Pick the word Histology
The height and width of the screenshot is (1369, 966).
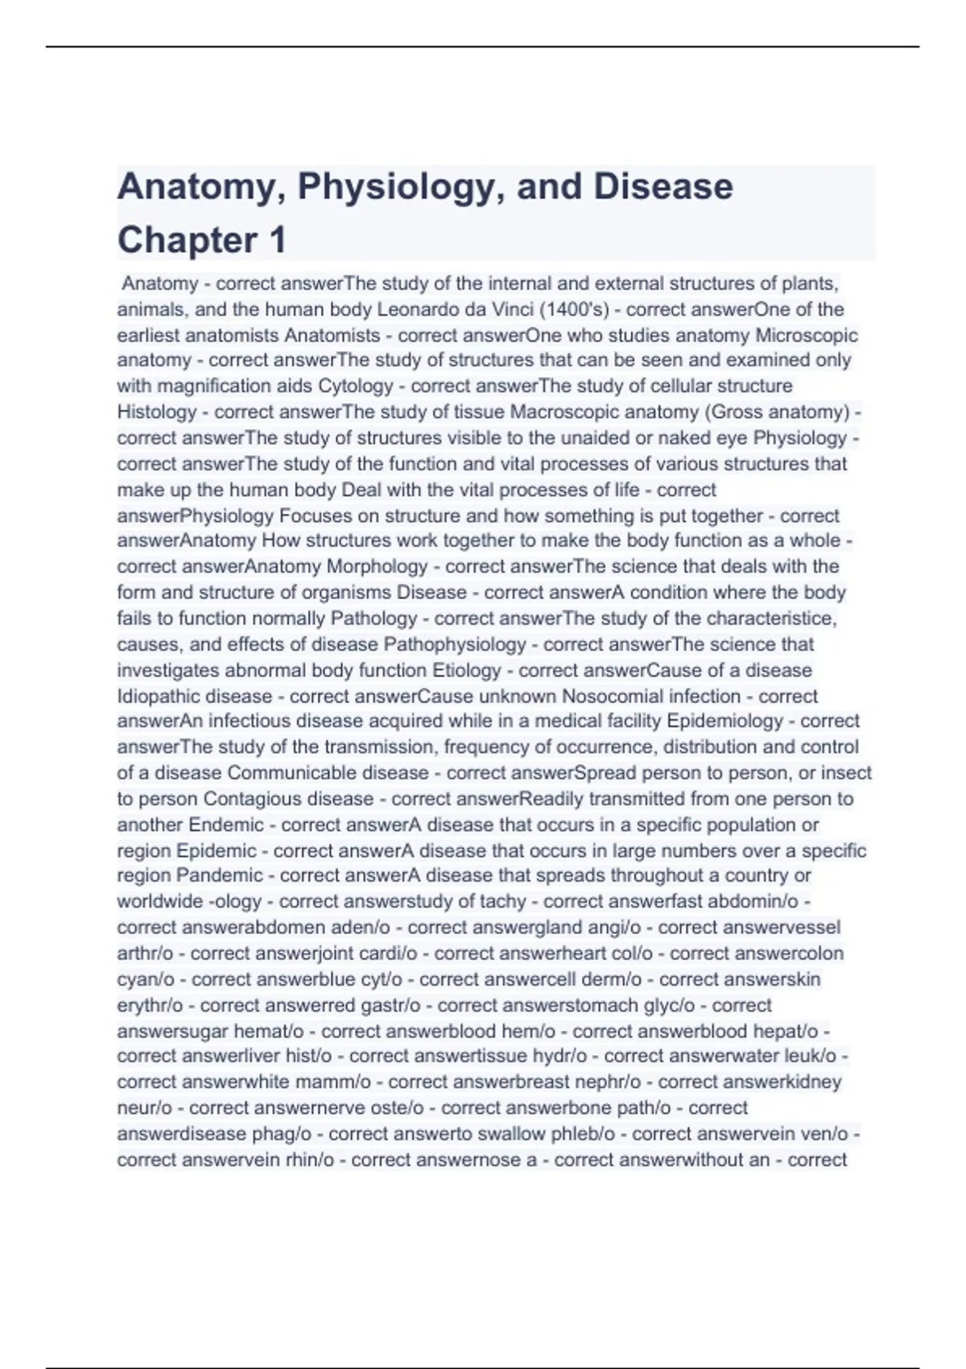157,412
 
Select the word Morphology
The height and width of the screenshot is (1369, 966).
377,566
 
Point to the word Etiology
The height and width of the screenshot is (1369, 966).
467,670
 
